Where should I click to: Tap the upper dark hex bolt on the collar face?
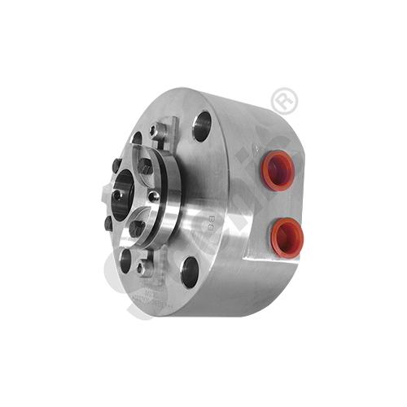click(x=146, y=166)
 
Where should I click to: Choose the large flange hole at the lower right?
click(x=190, y=274)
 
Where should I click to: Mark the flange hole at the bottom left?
click(x=124, y=259)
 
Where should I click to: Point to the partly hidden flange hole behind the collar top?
click(x=137, y=138)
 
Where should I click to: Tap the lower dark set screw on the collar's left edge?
click(x=107, y=221)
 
